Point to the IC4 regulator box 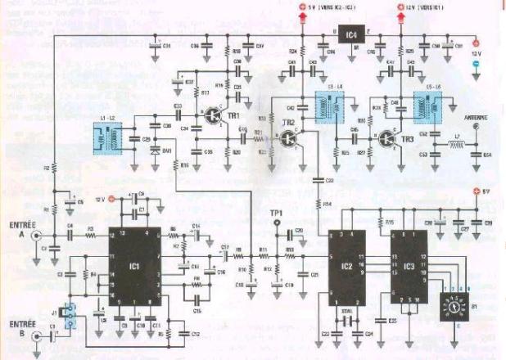tap(351, 35)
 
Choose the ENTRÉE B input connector tap(35, 335)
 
